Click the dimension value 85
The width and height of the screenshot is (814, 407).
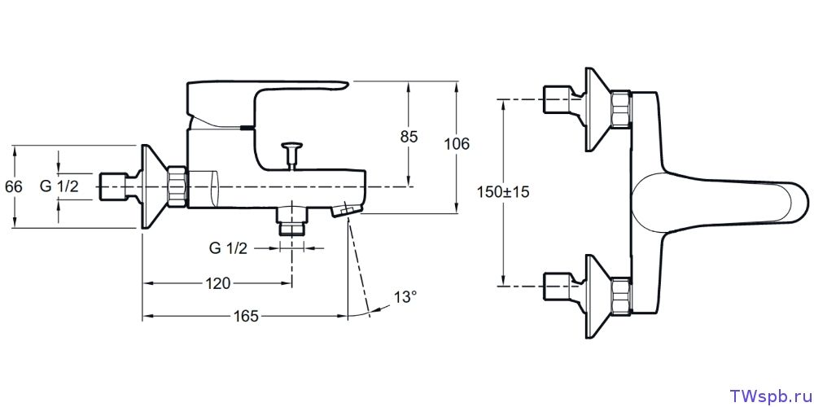point(409,137)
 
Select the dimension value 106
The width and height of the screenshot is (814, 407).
point(457,144)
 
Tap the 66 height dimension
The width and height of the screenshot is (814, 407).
point(14,186)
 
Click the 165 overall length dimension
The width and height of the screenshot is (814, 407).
point(244,316)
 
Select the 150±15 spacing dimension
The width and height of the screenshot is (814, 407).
point(503,192)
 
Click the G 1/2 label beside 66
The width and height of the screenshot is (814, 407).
point(59,186)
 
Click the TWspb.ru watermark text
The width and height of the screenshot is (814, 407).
point(768,395)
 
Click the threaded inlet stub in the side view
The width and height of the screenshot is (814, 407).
point(114,187)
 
